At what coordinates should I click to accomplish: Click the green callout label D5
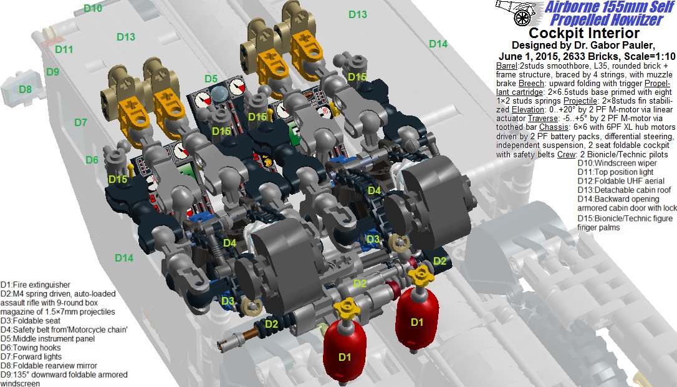click(x=211, y=79)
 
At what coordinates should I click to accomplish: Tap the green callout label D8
click(x=26, y=89)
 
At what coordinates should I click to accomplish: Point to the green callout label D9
click(x=52, y=72)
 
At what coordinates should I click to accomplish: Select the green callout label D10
click(x=93, y=8)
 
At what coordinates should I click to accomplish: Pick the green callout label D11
click(x=64, y=50)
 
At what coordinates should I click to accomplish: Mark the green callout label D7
click(x=81, y=122)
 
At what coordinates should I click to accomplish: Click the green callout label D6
click(x=92, y=160)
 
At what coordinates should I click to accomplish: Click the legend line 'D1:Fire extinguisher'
click(x=36, y=285)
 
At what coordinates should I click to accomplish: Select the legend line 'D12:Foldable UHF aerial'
click(x=621, y=181)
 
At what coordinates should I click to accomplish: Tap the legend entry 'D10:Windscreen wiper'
click(x=617, y=163)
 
